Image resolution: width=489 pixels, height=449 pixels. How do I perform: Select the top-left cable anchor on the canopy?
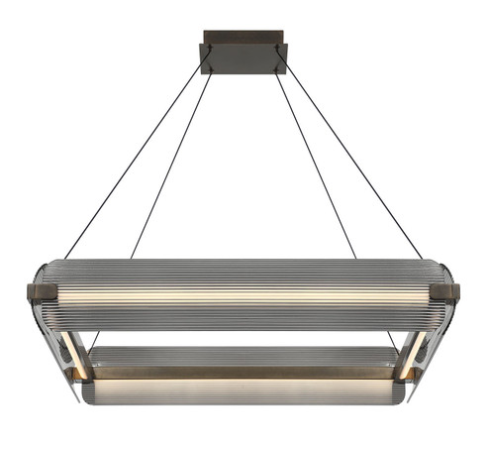pos(211,47)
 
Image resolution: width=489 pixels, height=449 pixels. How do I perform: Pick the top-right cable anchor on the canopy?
pos(277,47)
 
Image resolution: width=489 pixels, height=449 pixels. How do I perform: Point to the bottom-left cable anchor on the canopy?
pos(211,70)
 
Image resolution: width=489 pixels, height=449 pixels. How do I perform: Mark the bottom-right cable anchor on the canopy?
pos(277,70)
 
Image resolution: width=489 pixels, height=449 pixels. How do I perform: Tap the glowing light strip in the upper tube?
pos(244,294)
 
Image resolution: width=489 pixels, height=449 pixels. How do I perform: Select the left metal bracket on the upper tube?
pos(43,293)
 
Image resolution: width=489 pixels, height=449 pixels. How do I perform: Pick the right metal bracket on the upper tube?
pos(444,293)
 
